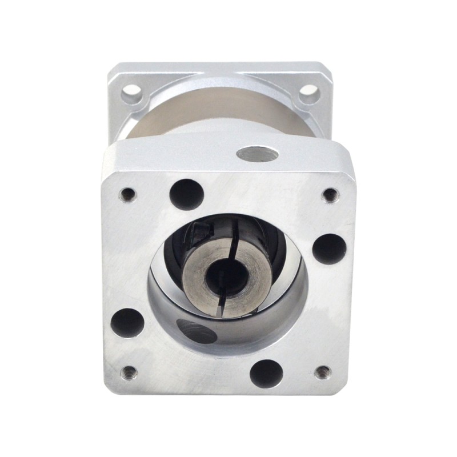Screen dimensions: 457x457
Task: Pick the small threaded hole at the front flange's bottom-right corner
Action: pos(324,372)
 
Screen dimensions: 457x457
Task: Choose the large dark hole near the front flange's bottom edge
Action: pos(266,372)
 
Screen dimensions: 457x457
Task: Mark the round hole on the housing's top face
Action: pos(256,153)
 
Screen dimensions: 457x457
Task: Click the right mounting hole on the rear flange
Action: pos(309,91)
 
